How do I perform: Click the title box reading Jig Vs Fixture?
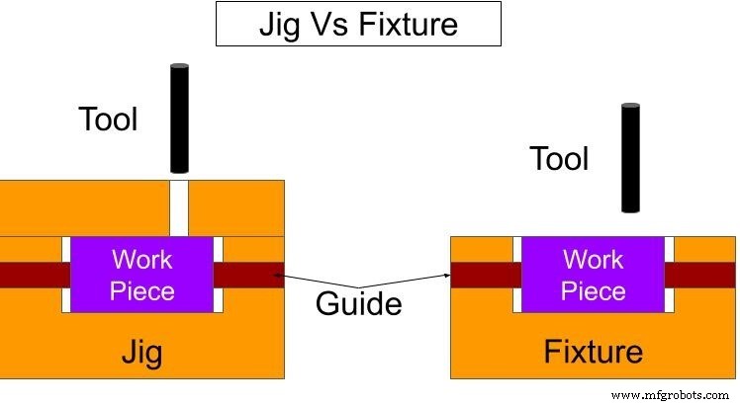(358, 24)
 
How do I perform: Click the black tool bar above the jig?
(178, 119)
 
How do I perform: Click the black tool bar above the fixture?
(630, 157)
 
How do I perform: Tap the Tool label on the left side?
(108, 120)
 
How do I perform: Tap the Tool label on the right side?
(559, 158)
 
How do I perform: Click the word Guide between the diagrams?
(358, 303)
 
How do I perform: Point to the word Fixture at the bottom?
(594, 351)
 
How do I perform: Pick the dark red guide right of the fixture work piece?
(700, 276)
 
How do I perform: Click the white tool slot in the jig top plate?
(178, 207)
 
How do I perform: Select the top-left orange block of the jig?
(84, 207)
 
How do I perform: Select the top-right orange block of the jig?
(236, 207)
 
